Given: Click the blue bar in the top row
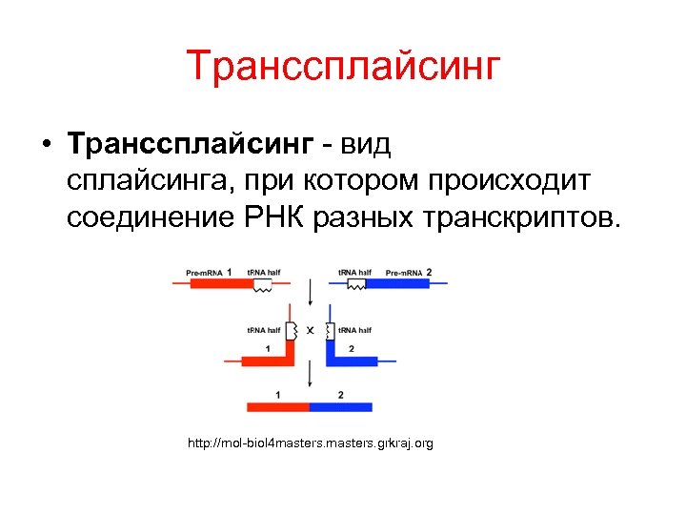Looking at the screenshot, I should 395,283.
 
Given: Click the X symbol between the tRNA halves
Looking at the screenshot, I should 310,332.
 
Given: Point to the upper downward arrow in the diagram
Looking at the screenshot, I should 310,292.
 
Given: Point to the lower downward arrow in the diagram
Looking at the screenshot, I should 310,377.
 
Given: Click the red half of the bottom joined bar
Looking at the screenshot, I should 277,406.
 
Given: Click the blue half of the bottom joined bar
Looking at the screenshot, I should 341,406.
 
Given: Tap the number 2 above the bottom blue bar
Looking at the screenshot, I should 341,394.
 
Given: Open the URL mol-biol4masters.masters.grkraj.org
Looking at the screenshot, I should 311,443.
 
